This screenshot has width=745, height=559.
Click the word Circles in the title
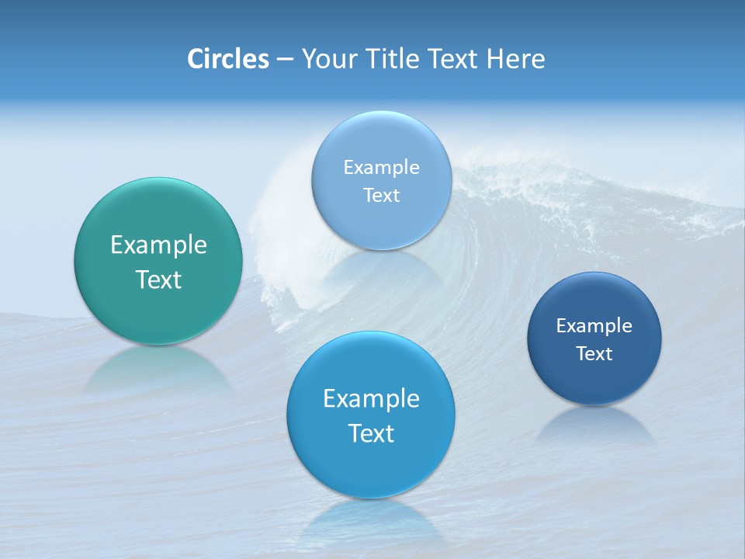(228, 59)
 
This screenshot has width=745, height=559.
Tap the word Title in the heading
(392, 59)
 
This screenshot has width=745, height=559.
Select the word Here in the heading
(515, 59)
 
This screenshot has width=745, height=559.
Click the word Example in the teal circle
(158, 245)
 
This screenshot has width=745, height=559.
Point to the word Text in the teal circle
(158, 279)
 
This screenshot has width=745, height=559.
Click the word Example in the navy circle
(594, 326)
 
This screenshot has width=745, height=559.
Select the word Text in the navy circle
(594, 354)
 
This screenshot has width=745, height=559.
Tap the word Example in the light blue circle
(382, 168)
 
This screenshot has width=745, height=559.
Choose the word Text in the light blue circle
(382, 196)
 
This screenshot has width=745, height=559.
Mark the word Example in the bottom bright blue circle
(371, 399)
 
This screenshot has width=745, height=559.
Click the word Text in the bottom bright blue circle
(371, 433)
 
